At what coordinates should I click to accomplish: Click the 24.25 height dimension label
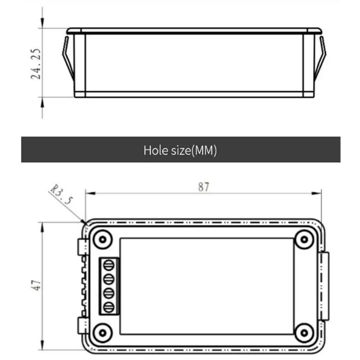36,64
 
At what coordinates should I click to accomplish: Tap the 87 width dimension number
204,187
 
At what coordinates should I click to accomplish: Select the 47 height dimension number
36,285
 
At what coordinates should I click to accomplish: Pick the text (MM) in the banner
204,151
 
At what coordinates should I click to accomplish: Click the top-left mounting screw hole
102,240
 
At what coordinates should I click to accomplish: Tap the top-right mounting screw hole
304,240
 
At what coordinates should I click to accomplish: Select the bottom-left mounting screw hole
102,333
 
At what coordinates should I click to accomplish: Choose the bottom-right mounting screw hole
304,333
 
